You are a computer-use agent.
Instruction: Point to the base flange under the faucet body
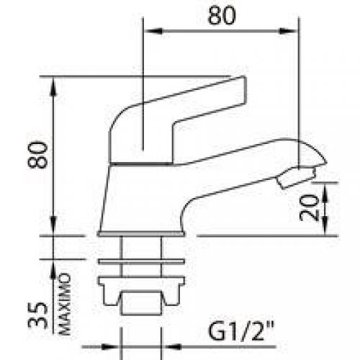(x=141, y=234)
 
